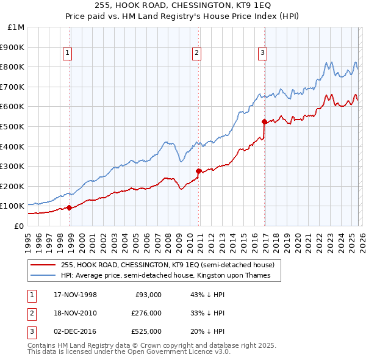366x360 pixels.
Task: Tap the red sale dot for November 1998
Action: pyautogui.click(x=70, y=207)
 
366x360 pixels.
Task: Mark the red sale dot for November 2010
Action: pyautogui.click(x=199, y=171)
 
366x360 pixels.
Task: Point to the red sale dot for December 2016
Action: pyautogui.click(x=264, y=121)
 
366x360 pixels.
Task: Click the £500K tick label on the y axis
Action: pyautogui.click(x=13, y=126)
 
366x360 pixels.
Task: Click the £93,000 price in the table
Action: pyautogui.click(x=147, y=295)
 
